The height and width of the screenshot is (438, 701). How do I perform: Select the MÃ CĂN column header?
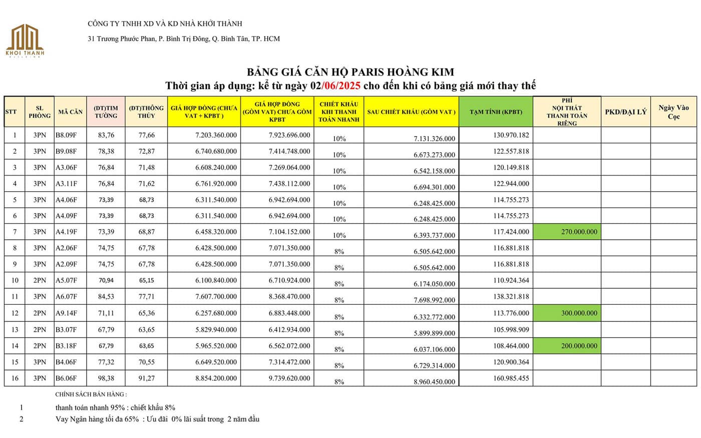(x=70, y=112)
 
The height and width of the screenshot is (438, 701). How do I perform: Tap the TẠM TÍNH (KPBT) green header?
(x=496, y=112)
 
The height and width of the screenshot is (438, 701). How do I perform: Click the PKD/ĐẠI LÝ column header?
(x=625, y=112)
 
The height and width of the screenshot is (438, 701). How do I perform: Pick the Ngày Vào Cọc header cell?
(x=673, y=112)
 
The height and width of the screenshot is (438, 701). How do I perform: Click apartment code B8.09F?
(x=66, y=135)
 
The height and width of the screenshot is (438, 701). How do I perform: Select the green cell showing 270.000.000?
(x=567, y=232)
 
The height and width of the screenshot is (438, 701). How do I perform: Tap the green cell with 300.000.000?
(x=567, y=313)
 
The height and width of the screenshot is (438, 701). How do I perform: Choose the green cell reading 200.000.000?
(x=567, y=346)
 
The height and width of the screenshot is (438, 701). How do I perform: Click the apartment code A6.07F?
(x=66, y=297)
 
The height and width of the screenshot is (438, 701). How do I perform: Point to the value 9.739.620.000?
(x=289, y=378)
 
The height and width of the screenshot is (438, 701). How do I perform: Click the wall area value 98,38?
(x=106, y=378)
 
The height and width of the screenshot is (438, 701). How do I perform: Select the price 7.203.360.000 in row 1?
(x=216, y=135)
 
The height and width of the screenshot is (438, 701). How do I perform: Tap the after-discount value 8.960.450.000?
(x=435, y=381)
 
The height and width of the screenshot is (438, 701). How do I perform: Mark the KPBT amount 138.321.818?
(x=511, y=297)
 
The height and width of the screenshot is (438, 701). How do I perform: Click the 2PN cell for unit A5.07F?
(x=40, y=280)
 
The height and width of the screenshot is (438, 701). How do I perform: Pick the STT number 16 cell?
(x=15, y=378)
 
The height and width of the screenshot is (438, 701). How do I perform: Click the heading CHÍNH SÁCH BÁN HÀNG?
(x=91, y=394)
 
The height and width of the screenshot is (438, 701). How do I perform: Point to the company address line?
(x=184, y=39)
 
